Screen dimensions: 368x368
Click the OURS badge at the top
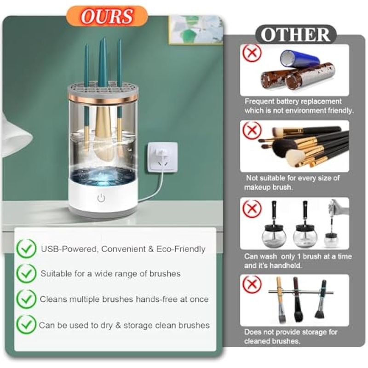click(107, 16)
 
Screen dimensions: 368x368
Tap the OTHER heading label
click(296, 34)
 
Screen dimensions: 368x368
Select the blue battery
click(300, 59)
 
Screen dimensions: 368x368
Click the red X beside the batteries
click(252, 53)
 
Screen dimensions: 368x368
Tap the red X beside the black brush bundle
click(252, 131)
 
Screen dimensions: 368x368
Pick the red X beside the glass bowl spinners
click(252, 208)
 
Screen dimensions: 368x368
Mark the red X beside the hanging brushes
click(252, 284)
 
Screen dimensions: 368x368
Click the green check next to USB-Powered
click(27, 248)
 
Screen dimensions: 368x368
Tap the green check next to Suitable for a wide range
click(27, 273)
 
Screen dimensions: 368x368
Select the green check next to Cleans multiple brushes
click(27, 299)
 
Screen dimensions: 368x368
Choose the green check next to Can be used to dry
click(27, 325)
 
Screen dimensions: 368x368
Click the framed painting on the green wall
click(196, 30)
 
